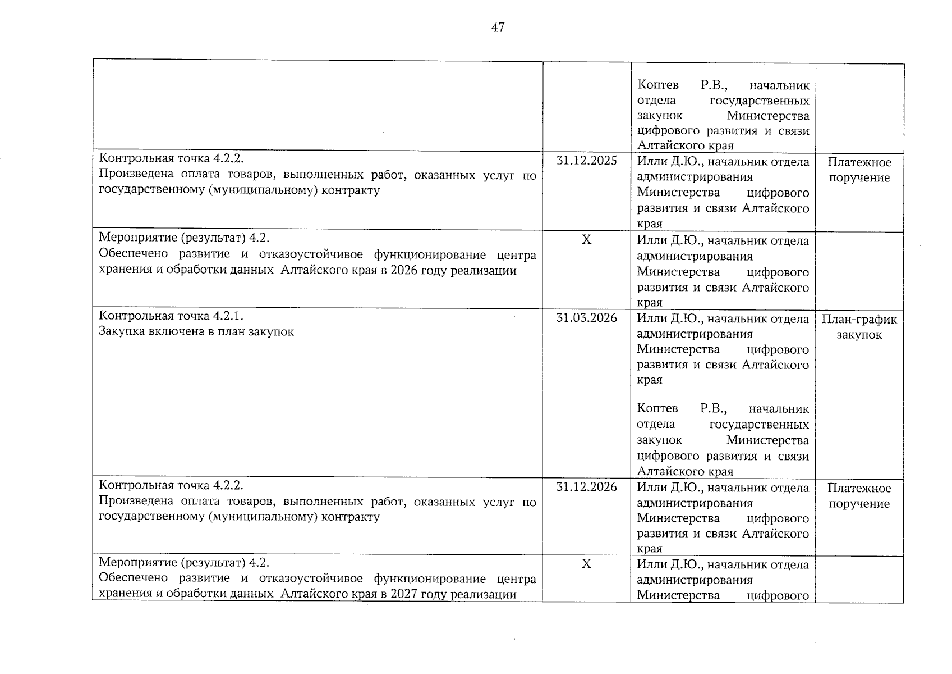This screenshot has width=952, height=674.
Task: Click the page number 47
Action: point(498,28)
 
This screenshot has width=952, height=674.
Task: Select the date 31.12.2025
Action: point(586,161)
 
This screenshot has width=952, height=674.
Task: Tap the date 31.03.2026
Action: point(586,318)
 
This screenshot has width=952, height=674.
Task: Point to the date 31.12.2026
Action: point(586,487)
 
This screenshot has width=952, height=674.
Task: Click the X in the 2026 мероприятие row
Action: point(586,240)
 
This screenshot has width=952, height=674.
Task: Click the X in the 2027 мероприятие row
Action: point(586,564)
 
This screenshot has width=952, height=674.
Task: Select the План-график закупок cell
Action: point(859,327)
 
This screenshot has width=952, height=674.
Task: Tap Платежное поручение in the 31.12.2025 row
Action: point(859,170)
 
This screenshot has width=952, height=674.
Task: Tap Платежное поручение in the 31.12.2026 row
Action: point(859,495)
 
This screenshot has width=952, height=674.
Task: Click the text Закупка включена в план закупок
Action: point(196,331)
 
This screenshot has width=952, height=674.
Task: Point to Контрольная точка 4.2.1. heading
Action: point(171,316)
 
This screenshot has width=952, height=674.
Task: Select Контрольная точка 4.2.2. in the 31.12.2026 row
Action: point(171,485)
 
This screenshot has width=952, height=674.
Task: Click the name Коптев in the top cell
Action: point(657,85)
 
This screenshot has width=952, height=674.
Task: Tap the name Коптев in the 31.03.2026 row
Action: point(657,409)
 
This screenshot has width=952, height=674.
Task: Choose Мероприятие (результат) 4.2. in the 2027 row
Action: point(184,562)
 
